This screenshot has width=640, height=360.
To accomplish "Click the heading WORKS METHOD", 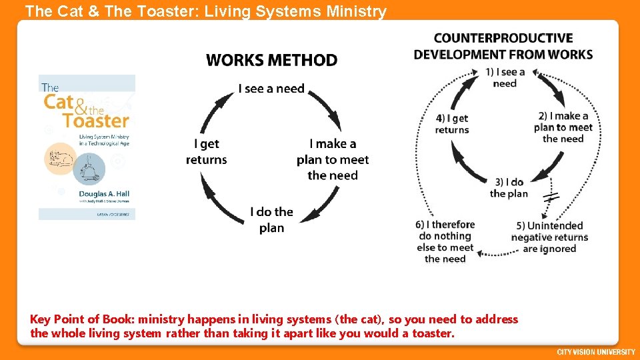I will [271, 60].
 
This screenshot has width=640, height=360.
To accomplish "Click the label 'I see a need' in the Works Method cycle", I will [271, 89].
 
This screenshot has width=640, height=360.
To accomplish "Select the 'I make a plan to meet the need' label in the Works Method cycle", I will [333, 159].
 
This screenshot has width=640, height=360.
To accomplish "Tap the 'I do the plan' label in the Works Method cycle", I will [271, 219].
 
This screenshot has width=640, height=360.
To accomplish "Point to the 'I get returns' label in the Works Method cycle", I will [206, 151].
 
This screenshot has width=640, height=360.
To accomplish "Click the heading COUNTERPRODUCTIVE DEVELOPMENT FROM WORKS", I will [503, 46].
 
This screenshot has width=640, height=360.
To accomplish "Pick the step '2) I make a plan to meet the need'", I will [563, 127].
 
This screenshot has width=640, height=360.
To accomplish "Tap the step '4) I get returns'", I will [452, 124].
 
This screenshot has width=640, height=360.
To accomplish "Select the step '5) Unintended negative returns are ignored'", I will [549, 237].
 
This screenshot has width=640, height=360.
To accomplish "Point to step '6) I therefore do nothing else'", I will [445, 241].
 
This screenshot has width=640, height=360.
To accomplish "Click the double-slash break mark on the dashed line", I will [551, 197].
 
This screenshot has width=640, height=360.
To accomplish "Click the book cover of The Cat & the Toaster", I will [87, 147].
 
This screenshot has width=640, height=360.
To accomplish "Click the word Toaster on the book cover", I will [95, 121].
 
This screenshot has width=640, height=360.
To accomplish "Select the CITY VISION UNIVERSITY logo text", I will [596, 351].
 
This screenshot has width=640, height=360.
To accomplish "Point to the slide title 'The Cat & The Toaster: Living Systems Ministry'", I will [205, 11].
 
